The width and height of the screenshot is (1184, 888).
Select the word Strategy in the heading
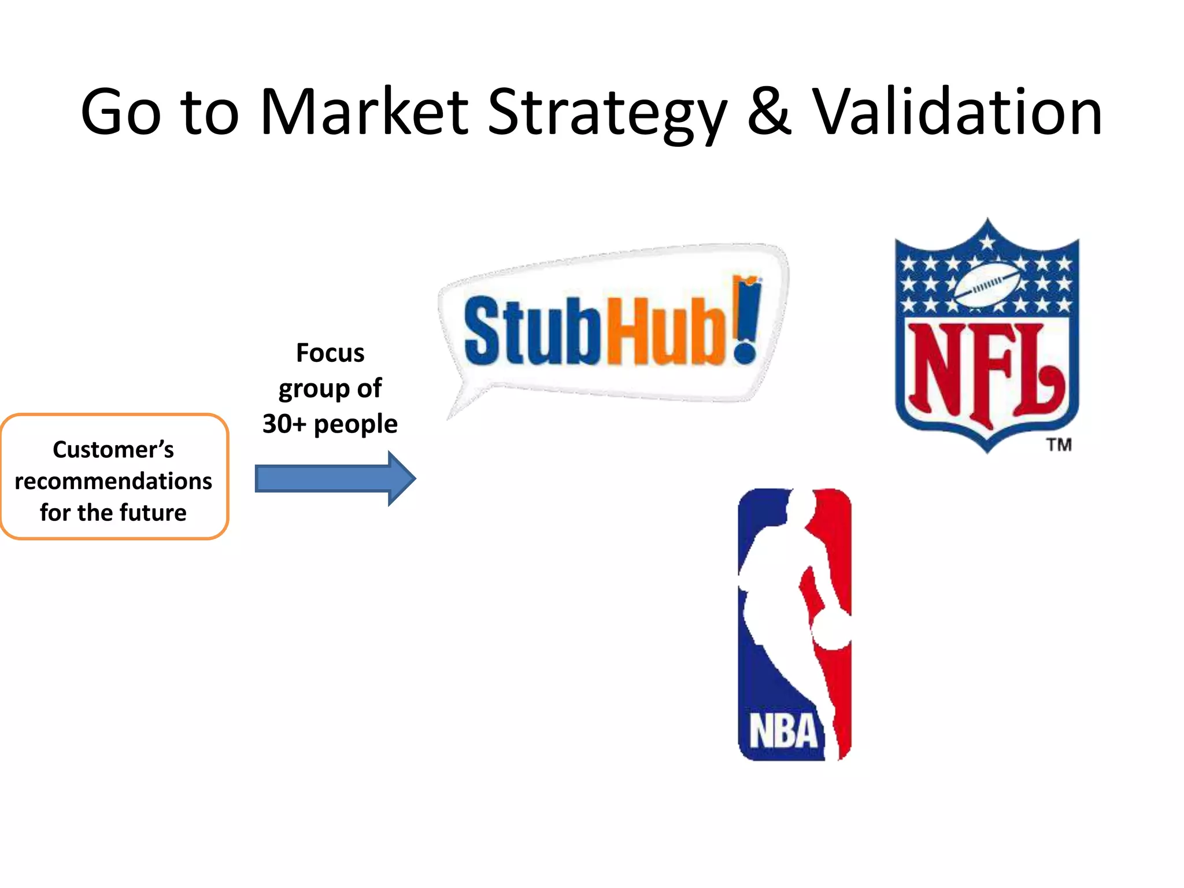coord(607,113)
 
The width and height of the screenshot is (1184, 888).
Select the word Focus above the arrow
coord(330,353)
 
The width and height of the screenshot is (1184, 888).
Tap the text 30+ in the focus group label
coord(283,424)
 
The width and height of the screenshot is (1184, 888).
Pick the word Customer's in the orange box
coord(113,450)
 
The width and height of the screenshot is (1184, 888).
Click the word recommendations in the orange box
coord(113,481)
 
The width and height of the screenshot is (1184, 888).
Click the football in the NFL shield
coord(987,284)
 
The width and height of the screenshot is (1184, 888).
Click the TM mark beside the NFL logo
coord(1059,445)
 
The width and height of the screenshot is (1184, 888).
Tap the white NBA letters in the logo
coord(783,731)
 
